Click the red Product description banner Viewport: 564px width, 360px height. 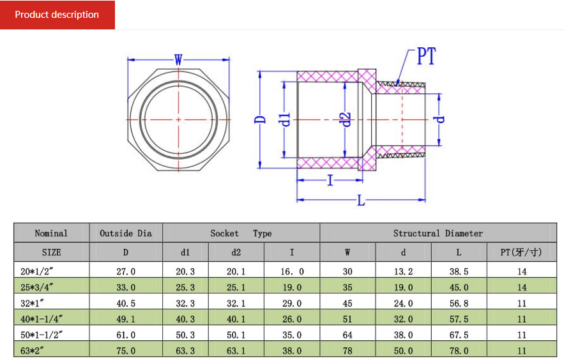[57, 15]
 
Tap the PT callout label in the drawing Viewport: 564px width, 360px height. [426, 56]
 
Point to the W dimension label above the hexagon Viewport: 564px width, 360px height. [178, 59]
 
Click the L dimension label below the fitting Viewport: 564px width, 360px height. [361, 200]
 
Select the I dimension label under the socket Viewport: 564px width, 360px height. [330, 180]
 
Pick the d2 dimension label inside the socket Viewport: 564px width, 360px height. [346, 119]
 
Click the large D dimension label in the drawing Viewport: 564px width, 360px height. [260, 119]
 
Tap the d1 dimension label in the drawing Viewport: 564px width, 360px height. [284, 119]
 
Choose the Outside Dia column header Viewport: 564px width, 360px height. [126, 233]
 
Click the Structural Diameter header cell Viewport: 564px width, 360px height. [438, 233]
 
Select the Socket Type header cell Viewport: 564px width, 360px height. [241, 233]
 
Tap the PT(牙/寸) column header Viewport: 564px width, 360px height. [521, 252]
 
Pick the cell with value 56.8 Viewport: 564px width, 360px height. [459, 303]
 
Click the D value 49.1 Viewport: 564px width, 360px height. [126, 319]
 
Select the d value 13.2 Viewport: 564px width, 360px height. [403, 272]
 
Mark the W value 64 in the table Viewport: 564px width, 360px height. [347, 335]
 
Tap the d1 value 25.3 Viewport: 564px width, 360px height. [185, 287]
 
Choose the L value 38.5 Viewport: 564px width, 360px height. [459, 272]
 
